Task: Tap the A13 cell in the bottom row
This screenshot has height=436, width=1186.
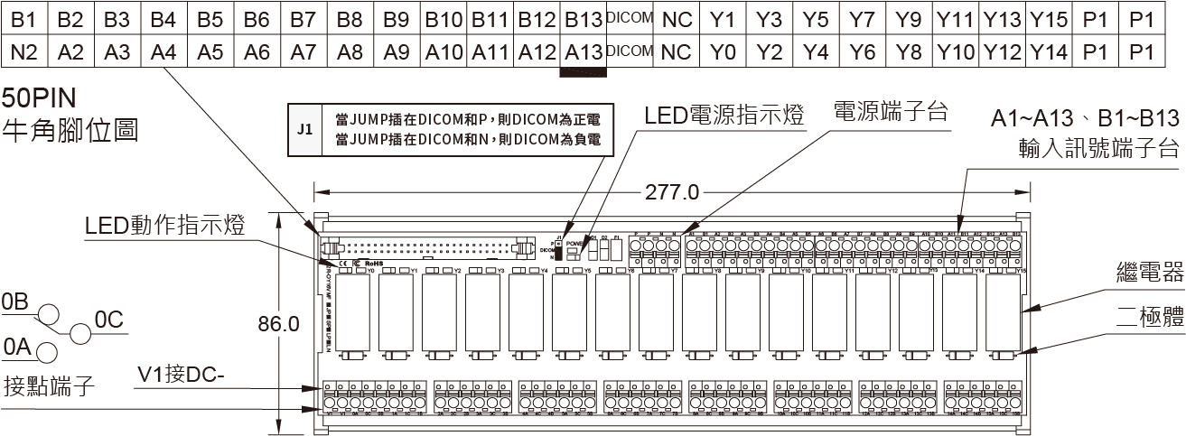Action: (583, 52)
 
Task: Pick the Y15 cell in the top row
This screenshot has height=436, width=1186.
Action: (1049, 18)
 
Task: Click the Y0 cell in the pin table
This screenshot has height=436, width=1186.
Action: (723, 52)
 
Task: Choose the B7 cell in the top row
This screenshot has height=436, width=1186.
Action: (304, 18)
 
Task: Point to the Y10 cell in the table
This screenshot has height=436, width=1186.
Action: (956, 52)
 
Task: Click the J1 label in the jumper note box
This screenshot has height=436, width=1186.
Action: (304, 129)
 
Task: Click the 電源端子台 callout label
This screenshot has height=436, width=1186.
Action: (890, 113)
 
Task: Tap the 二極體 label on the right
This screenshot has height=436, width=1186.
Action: (1148, 317)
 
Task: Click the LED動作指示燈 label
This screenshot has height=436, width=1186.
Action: (165, 225)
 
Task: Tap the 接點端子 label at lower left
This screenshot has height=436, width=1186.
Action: (50, 385)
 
